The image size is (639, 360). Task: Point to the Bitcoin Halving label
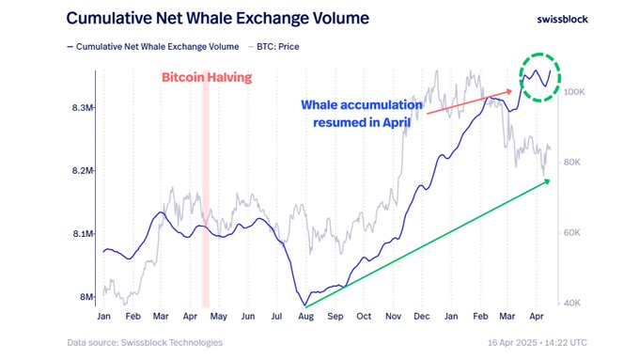tap(207, 77)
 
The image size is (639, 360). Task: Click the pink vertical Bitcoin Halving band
tap(206, 188)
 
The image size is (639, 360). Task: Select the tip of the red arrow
tap(514, 90)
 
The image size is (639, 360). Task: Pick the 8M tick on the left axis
tap(85, 298)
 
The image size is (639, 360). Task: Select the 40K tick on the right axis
tap(573, 303)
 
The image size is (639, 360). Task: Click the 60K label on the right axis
tap(573, 232)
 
